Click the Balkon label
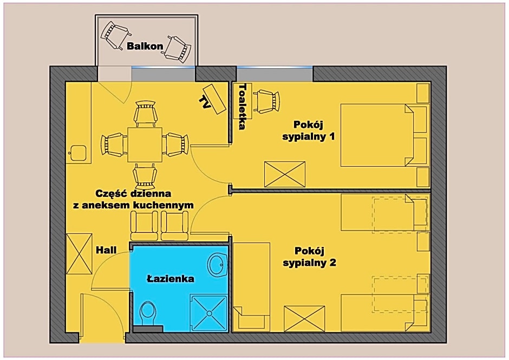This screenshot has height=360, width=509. (x=145, y=46)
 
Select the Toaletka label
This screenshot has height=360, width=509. (x=243, y=107)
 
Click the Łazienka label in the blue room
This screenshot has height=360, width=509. (x=171, y=278)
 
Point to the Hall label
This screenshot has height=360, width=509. (x=106, y=250)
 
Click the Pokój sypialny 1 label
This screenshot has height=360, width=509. (x=309, y=130)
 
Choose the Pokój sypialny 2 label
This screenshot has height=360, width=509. (x=309, y=257)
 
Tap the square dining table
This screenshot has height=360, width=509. (x=145, y=145)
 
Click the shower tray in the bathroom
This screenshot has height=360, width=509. (x=208, y=313)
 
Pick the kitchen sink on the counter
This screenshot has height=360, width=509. (x=78, y=153)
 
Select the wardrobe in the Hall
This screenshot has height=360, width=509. (x=79, y=254)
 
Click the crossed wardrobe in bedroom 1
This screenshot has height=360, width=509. (x=285, y=174)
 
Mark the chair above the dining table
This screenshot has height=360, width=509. (x=145, y=114)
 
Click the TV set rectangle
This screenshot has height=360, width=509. (x=214, y=99)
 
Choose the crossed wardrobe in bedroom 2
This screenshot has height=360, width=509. (x=304, y=319)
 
